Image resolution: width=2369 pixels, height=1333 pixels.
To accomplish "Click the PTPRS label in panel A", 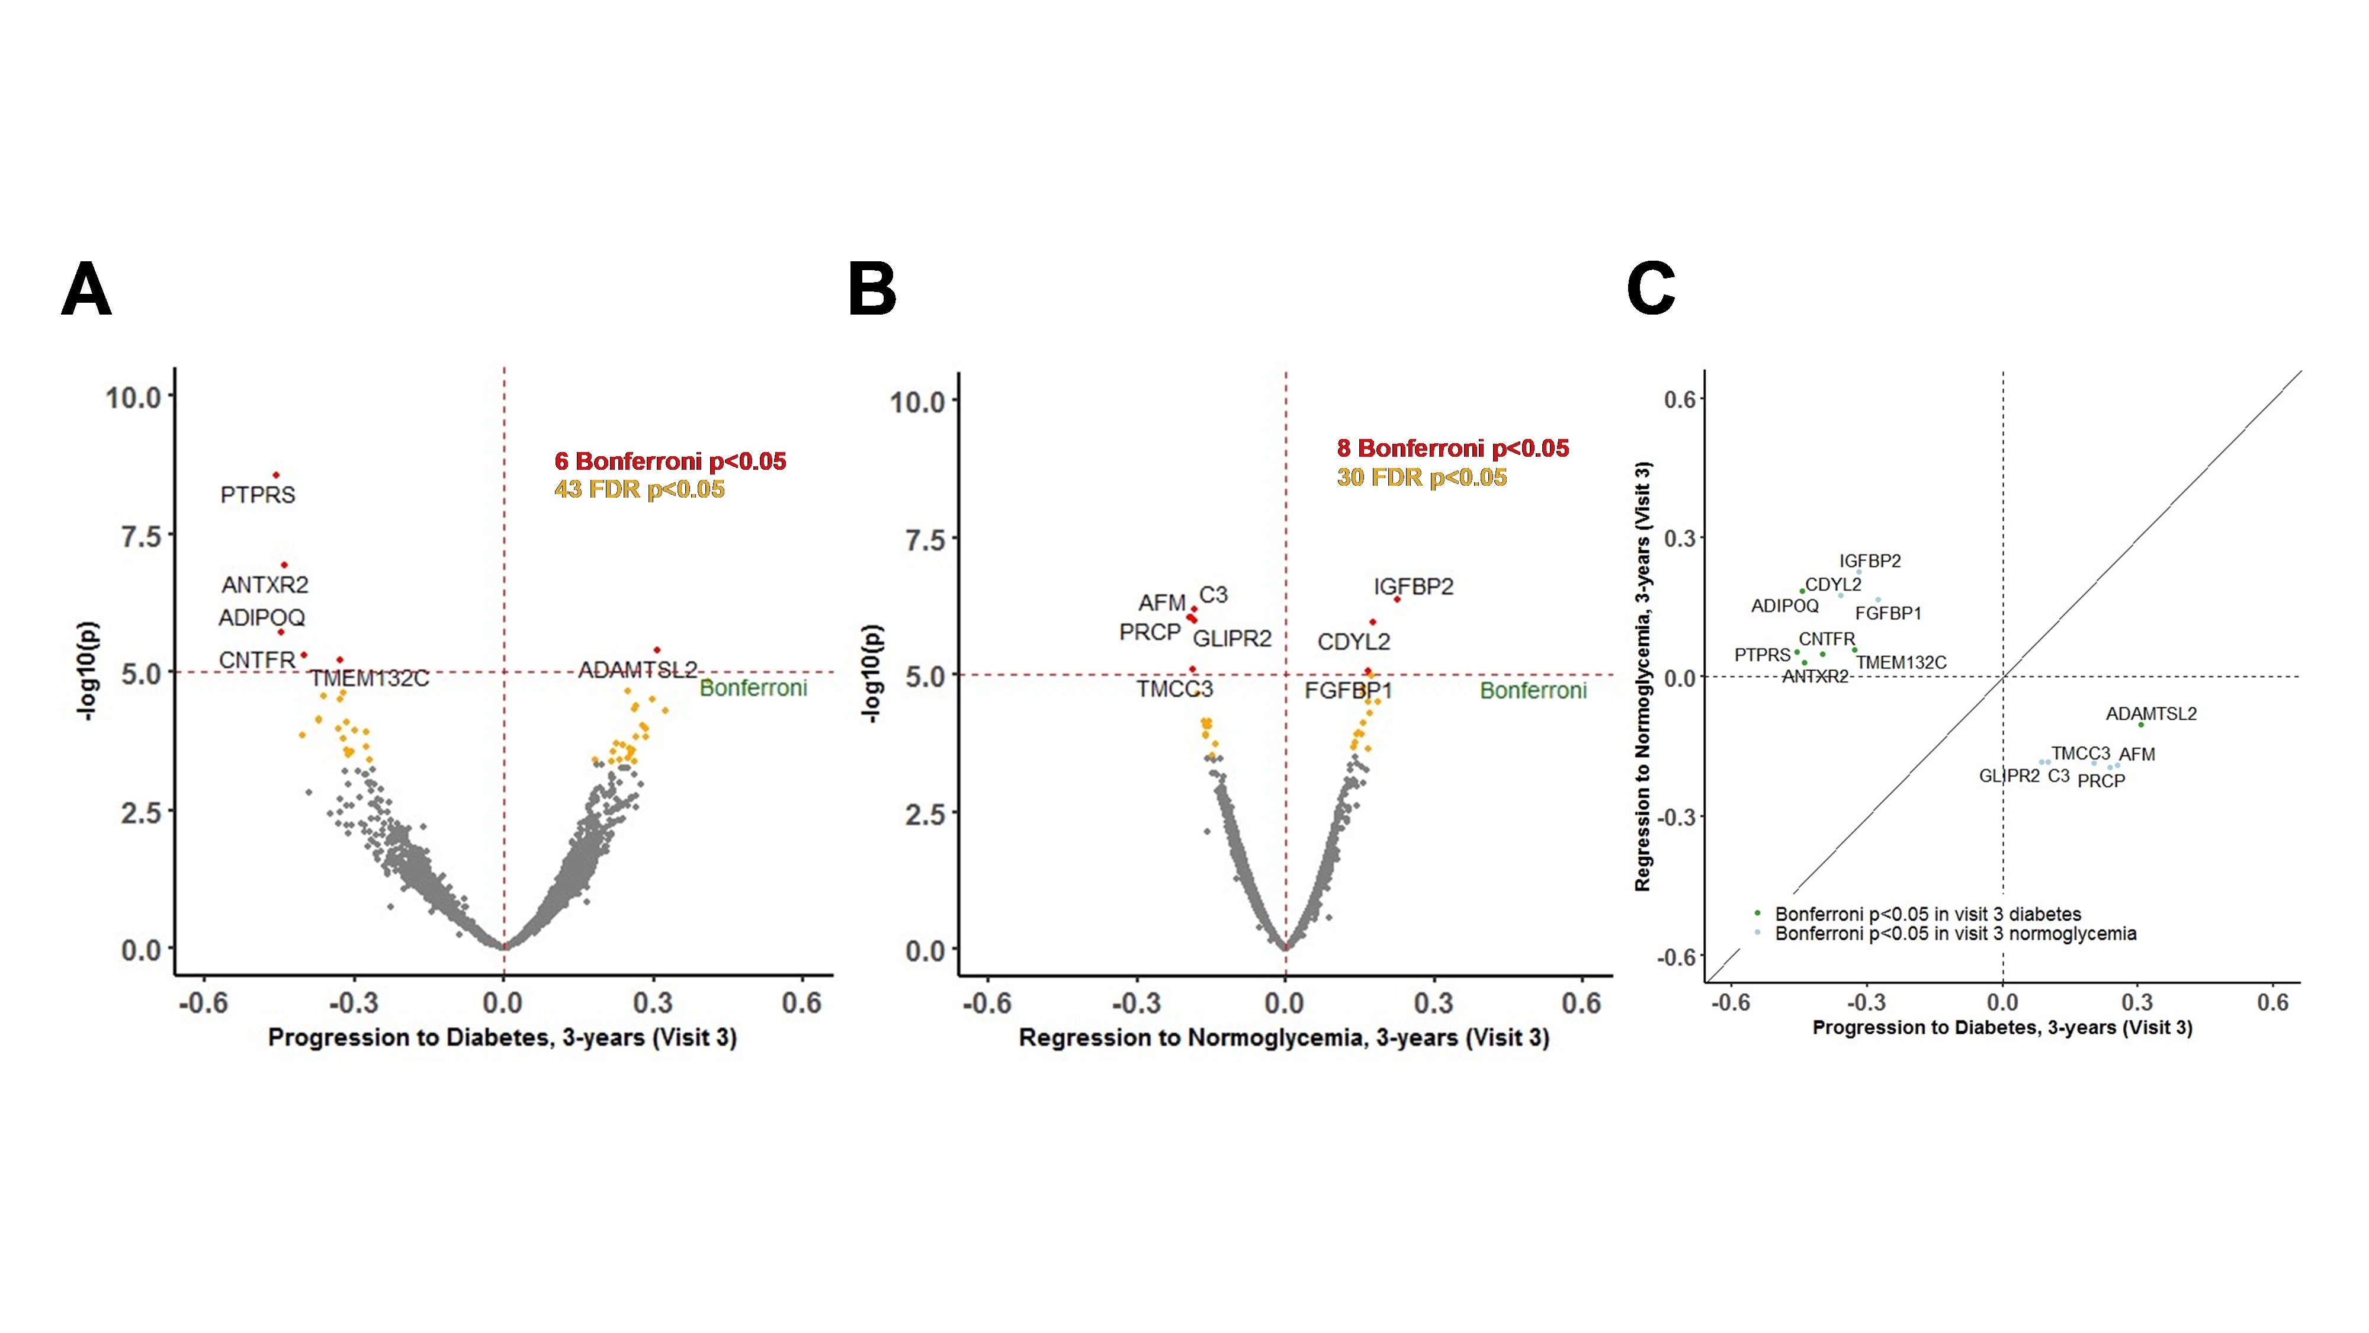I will [258, 495].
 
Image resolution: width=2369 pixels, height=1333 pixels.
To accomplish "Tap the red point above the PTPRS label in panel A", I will [276, 475].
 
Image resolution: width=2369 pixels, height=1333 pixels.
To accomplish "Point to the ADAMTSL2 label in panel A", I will [637, 669].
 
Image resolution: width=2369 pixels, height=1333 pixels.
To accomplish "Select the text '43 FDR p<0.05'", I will [639, 489].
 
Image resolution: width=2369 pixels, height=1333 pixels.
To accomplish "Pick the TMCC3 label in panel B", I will [1174, 689].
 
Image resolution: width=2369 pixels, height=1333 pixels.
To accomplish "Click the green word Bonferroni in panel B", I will [1533, 691].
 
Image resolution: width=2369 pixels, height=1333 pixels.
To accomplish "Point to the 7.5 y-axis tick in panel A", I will [141, 536].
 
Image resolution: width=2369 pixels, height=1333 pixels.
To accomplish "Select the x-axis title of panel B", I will [1284, 1038].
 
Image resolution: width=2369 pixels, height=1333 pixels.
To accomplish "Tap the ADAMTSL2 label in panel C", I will [2151, 714].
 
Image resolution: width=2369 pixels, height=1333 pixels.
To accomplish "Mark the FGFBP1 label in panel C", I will [1888, 614].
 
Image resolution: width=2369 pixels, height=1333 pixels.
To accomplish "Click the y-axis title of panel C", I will [1642, 676].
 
